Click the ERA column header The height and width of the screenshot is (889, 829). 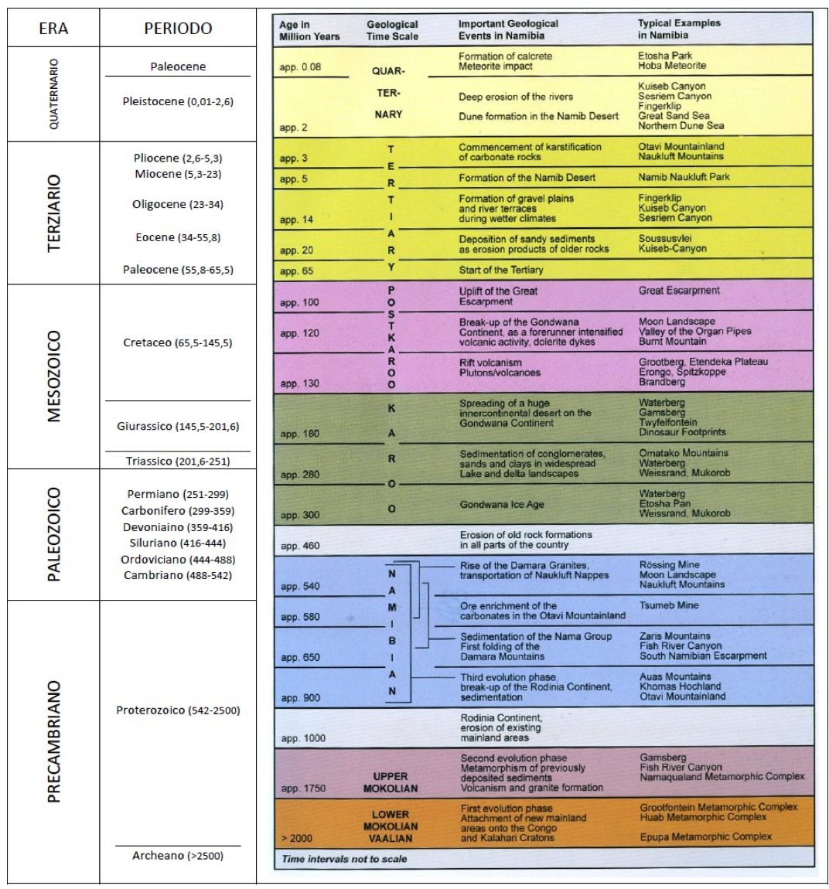coord(53,29)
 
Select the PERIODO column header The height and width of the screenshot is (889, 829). coord(178,29)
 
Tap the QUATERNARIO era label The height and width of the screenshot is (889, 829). coord(53,94)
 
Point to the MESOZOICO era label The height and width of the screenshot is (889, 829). coord(53,376)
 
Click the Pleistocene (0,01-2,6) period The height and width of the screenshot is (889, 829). coord(178,101)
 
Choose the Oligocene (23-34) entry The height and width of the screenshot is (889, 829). coord(178,205)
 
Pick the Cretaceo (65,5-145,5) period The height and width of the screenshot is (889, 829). coord(178,342)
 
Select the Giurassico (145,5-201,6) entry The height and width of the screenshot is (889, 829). coord(178,426)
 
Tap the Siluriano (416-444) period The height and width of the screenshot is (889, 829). coord(178,543)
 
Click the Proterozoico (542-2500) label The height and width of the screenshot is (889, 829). coord(178,710)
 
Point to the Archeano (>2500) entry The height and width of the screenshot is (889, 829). coord(178,856)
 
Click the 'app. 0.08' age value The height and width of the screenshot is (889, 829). coord(300,67)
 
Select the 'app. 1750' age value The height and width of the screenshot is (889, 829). coord(303,789)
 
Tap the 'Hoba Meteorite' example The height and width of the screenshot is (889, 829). coord(672,66)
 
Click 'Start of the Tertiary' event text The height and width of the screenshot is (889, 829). coord(500,270)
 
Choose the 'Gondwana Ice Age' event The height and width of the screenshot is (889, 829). coord(502,505)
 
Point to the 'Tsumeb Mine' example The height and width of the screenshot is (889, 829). coord(669,605)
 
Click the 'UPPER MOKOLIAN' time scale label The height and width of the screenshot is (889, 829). coord(391,782)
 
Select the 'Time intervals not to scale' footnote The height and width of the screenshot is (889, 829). coord(344,859)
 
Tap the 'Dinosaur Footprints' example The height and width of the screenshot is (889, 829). coord(682,432)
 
